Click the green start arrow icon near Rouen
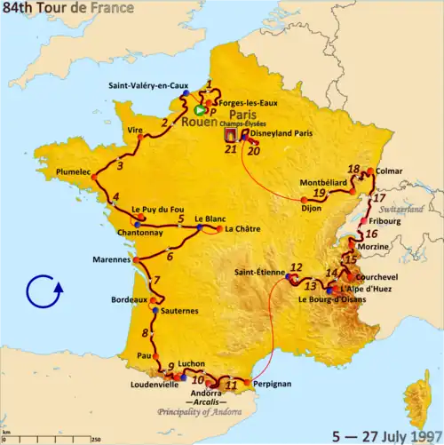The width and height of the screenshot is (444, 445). [199, 110]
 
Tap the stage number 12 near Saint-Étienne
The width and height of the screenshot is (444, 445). [296, 267]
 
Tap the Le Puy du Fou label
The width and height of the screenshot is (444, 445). [151, 210]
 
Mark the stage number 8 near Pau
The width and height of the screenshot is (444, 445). [145, 334]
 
